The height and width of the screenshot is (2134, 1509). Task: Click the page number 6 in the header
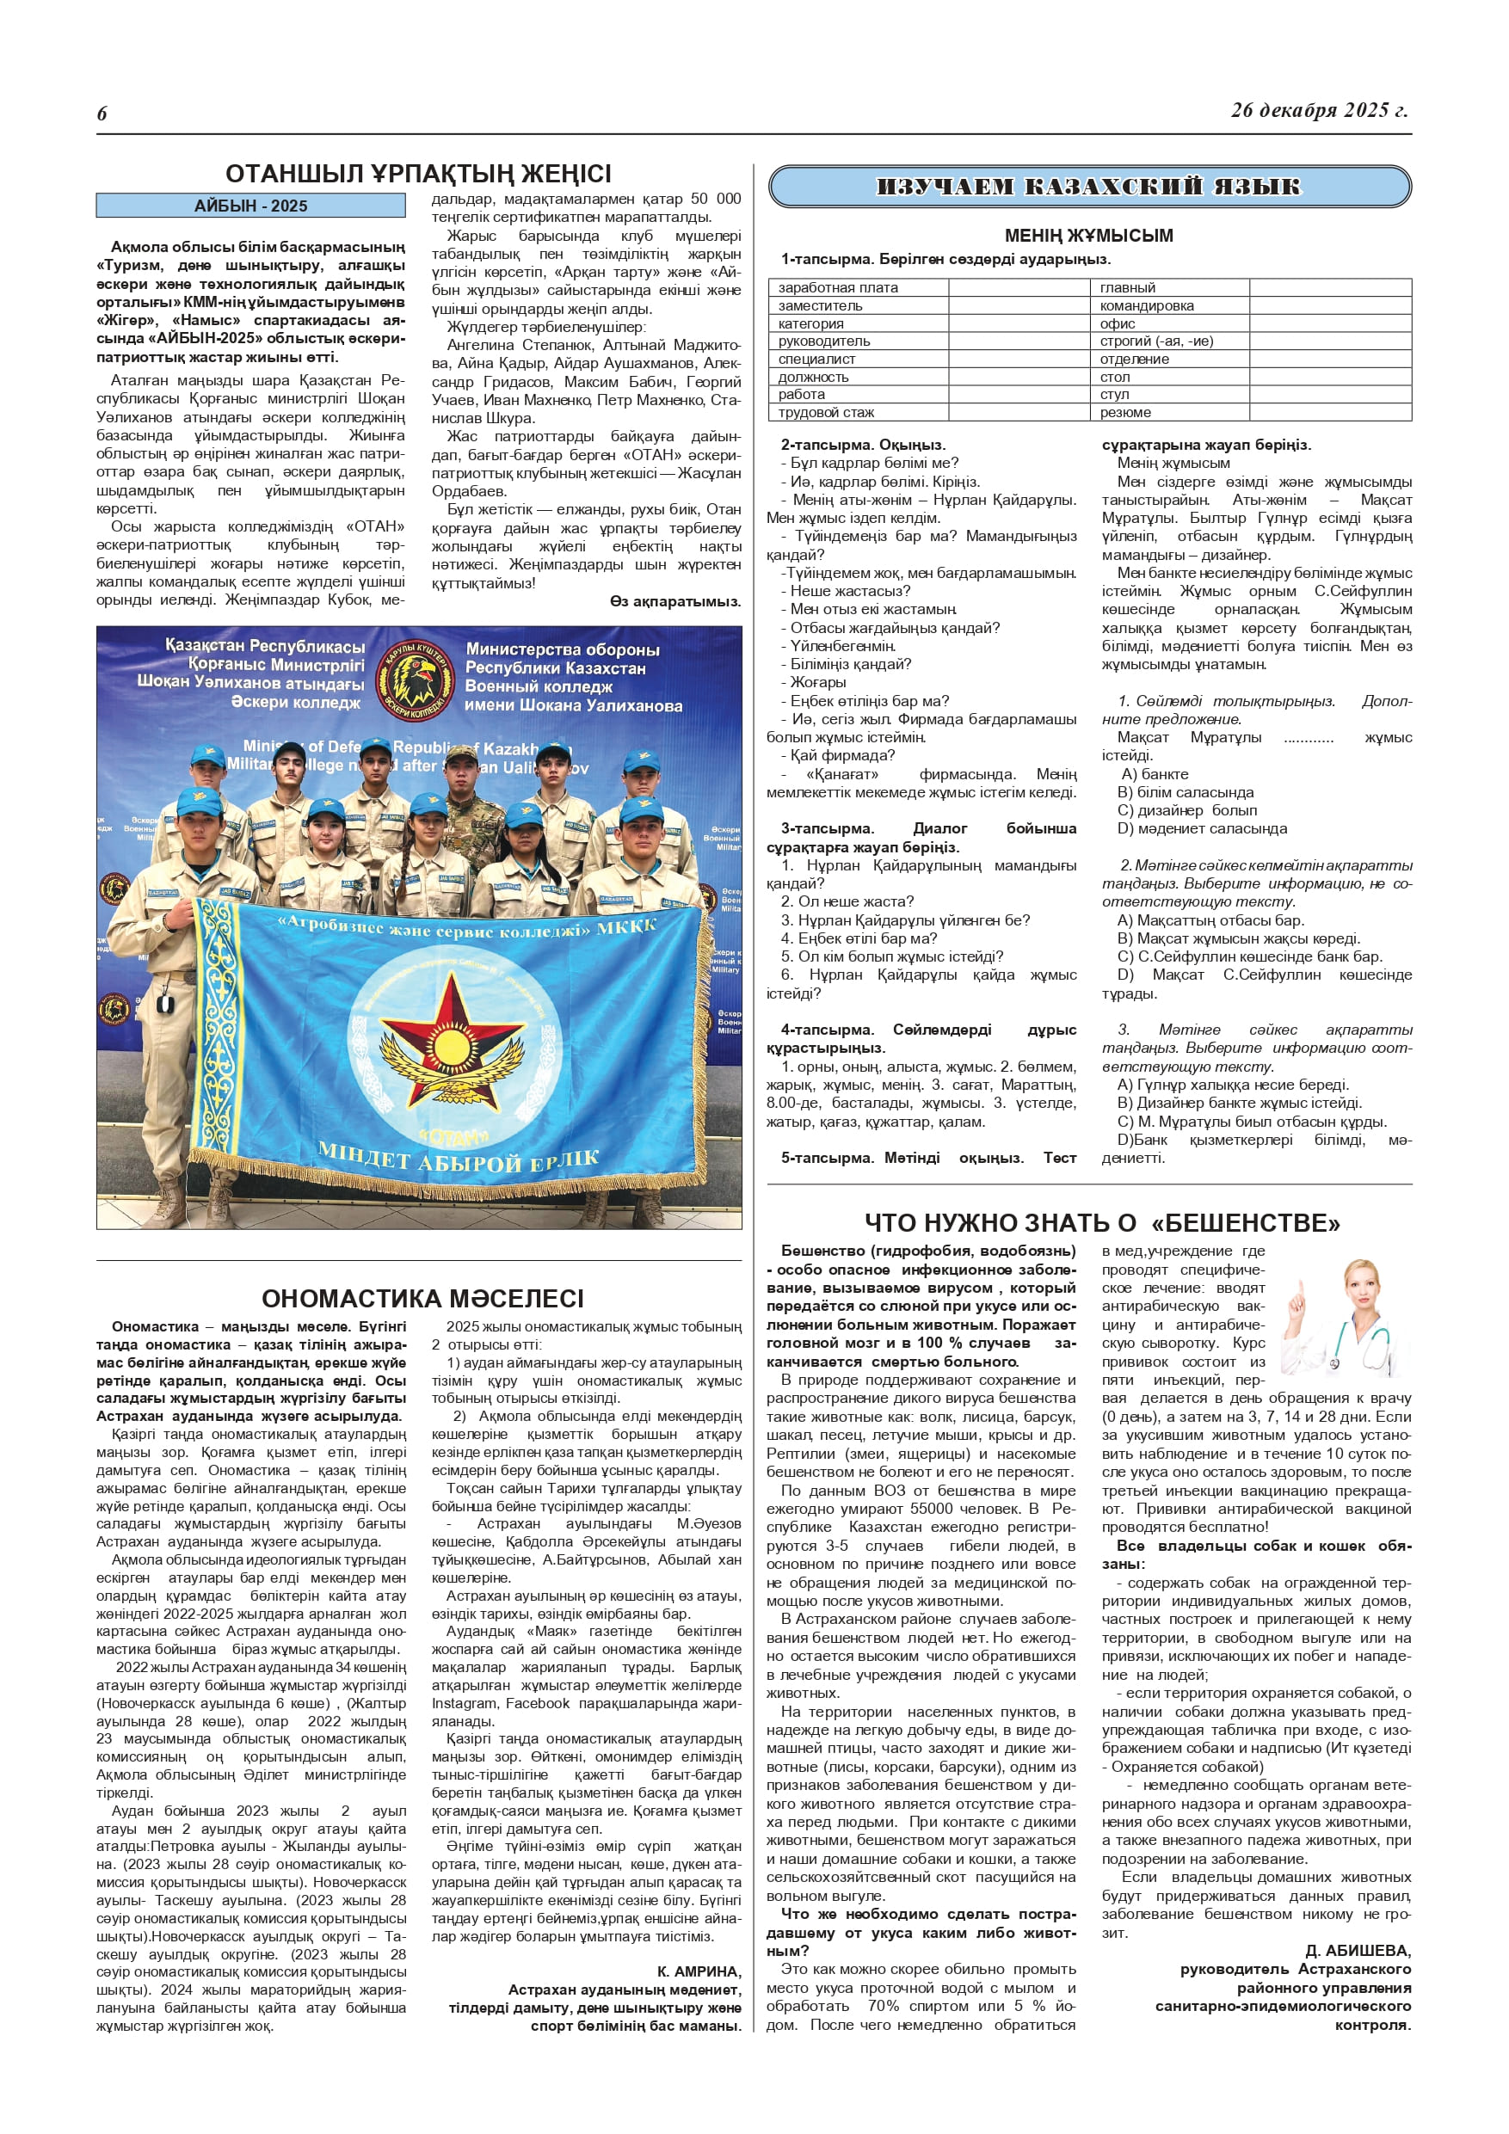[102, 114]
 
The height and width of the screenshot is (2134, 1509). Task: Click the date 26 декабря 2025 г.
[1318, 110]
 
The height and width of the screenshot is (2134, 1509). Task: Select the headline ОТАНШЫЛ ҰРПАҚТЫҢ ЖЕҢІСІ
[418, 174]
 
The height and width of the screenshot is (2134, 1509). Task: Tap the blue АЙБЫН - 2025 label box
[250, 206]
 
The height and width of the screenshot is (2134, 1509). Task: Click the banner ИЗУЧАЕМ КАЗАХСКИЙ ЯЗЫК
[1089, 187]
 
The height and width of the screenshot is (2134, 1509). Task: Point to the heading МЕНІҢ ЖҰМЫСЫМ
[1089, 235]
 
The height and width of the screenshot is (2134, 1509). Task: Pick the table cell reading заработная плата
[838, 288]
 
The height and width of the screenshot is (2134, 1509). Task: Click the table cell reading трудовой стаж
[826, 413]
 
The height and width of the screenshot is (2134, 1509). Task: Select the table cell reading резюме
[1125, 413]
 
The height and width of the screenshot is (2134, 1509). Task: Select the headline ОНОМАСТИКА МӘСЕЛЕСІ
[422, 1299]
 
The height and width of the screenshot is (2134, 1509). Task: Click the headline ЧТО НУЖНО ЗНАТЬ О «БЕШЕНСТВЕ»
[1102, 1223]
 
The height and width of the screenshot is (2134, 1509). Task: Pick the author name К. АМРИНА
[699, 1971]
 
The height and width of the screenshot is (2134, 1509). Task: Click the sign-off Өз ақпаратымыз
[675, 601]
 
